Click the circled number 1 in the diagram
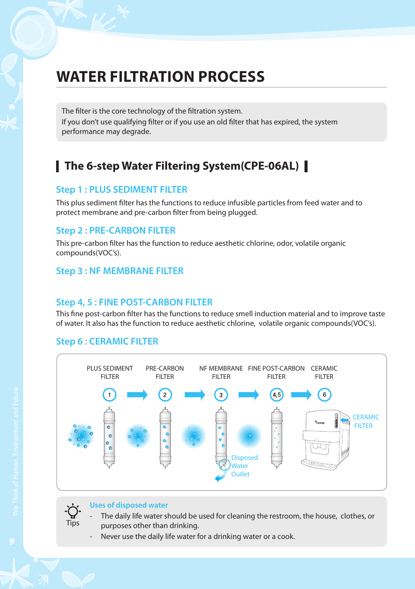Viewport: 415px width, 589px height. pyautogui.click(x=109, y=395)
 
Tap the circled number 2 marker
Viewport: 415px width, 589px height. pyautogui.click(x=165, y=395)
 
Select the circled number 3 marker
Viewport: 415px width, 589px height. pyautogui.click(x=221, y=395)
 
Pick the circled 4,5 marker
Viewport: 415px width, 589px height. pyautogui.click(x=277, y=395)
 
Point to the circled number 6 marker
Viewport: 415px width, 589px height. pyautogui.click(x=325, y=395)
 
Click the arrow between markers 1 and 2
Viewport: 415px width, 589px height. pyautogui.click(x=137, y=395)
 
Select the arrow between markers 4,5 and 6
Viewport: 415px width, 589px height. pyautogui.click(x=301, y=395)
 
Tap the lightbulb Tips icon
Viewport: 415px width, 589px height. pyautogui.click(x=73, y=511)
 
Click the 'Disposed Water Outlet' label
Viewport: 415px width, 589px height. pyautogui.click(x=244, y=466)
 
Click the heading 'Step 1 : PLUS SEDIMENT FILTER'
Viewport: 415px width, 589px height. pyautogui.click(x=121, y=190)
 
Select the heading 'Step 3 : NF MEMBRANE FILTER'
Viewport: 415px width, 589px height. pyautogui.click(x=120, y=271)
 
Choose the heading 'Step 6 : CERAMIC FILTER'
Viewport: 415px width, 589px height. pyautogui.click(x=107, y=341)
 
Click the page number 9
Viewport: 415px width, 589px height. pyautogui.click(x=12, y=541)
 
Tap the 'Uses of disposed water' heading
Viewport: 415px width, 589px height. pyautogui.click(x=129, y=505)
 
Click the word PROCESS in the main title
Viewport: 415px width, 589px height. pyautogui.click(x=231, y=77)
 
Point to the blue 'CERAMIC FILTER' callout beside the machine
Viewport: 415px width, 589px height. pyautogui.click(x=365, y=421)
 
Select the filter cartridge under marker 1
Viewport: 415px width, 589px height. pyautogui.click(x=109, y=437)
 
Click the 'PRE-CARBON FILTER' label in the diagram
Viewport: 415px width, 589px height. pyautogui.click(x=165, y=372)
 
